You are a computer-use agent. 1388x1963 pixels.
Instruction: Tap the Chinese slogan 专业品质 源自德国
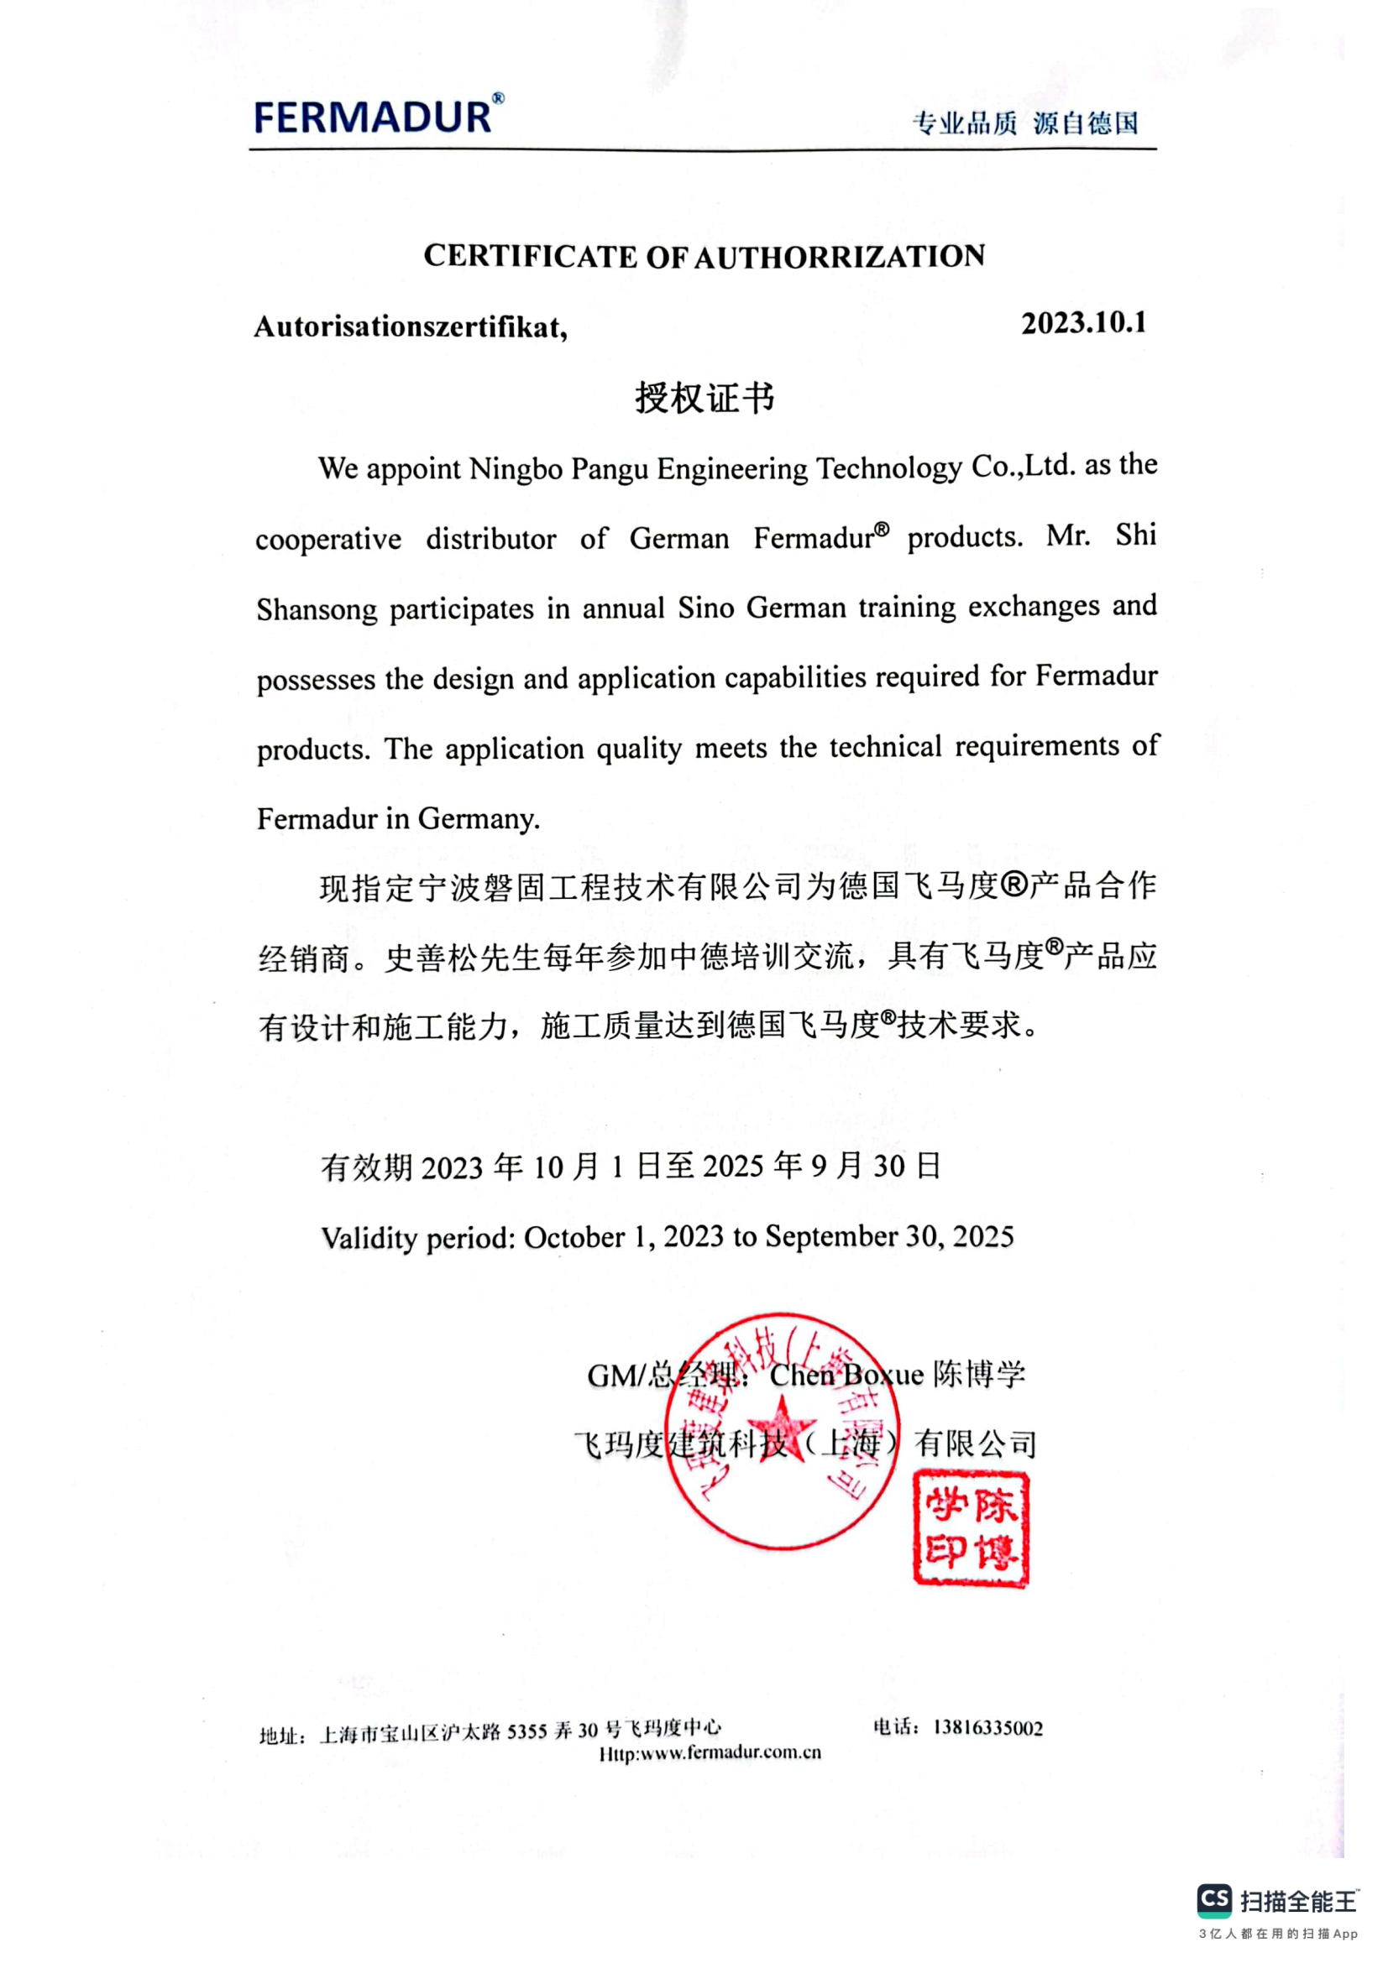[1025, 123]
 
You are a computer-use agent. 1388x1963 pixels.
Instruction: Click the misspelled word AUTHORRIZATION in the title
[839, 256]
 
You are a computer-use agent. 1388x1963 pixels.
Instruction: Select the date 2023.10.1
[1083, 323]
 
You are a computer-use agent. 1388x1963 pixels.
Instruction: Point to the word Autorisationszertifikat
[410, 327]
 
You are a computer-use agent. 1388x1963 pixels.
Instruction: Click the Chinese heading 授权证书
[704, 398]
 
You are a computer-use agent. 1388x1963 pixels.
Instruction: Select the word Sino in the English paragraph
[706, 608]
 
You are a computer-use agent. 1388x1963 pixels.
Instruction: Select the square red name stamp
[971, 1528]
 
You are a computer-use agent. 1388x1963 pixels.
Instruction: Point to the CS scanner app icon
[1213, 1900]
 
